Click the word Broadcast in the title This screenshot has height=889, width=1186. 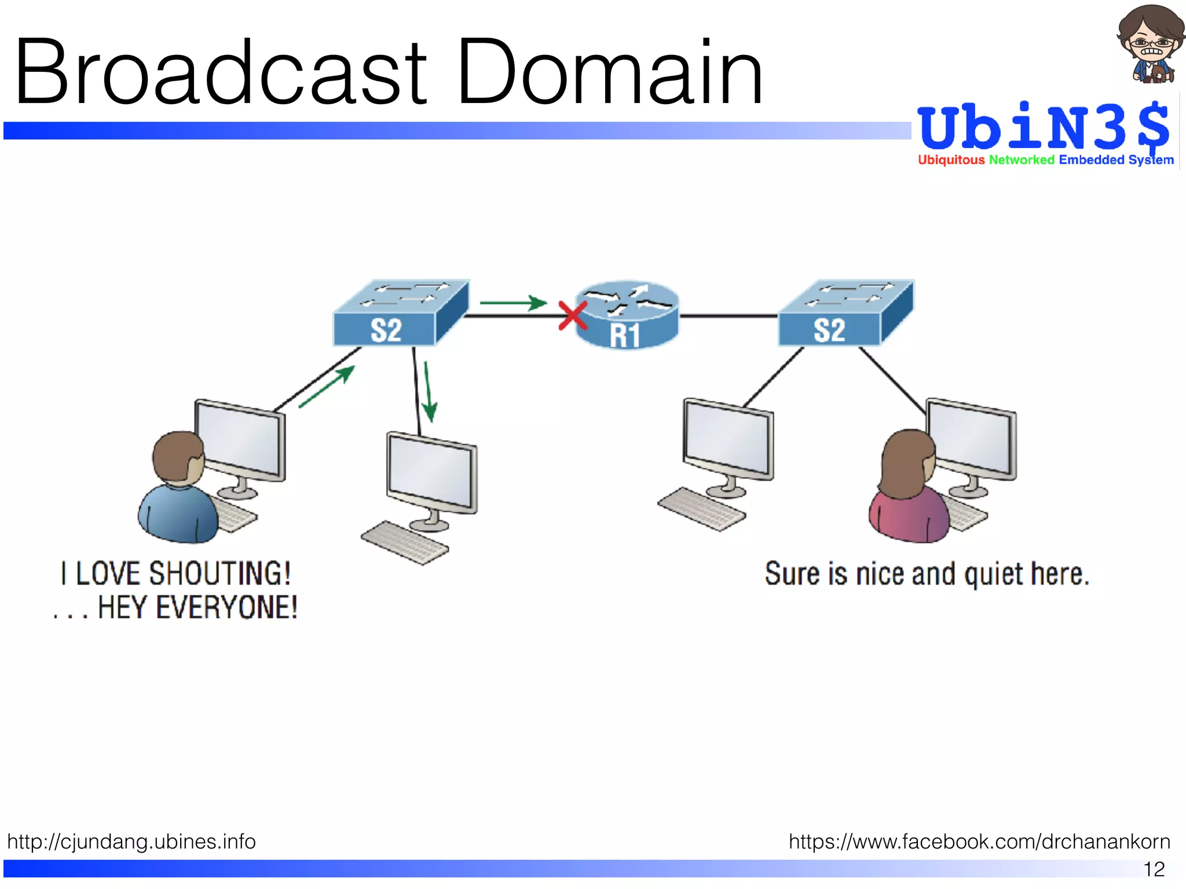coord(220,72)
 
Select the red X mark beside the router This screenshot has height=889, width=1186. coord(572,316)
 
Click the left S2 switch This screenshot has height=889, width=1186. coord(400,315)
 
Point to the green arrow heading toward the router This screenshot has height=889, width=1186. coord(513,302)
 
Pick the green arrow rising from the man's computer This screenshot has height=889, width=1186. coord(327,387)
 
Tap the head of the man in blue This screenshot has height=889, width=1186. coord(178,457)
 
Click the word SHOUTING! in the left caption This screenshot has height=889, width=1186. coord(220,574)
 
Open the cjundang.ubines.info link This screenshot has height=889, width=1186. coord(131,841)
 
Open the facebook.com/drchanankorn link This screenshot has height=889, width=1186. coord(979,841)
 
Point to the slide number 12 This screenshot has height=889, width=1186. coord(1154,869)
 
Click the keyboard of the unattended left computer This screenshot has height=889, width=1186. coord(404,542)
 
